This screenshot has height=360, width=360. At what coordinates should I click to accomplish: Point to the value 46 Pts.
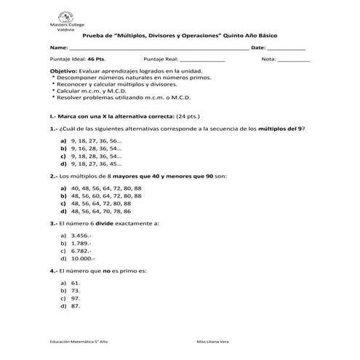[96, 58]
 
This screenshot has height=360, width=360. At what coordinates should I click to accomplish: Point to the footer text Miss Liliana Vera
[212, 341]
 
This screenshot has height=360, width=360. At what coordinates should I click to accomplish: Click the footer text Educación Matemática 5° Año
[79, 341]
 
